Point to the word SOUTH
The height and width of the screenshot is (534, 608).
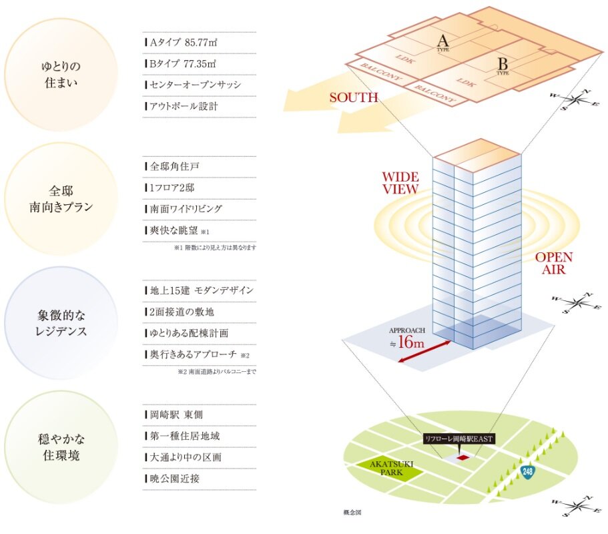tap(354, 97)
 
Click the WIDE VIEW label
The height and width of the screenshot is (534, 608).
tap(400, 183)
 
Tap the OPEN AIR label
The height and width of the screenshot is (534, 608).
tap(554, 263)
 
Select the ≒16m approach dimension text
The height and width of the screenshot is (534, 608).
tap(408, 342)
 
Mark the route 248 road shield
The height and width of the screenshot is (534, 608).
tap(529, 471)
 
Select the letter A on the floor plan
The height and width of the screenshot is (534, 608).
tap(442, 38)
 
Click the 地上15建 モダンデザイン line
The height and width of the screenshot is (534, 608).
tap(199, 291)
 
